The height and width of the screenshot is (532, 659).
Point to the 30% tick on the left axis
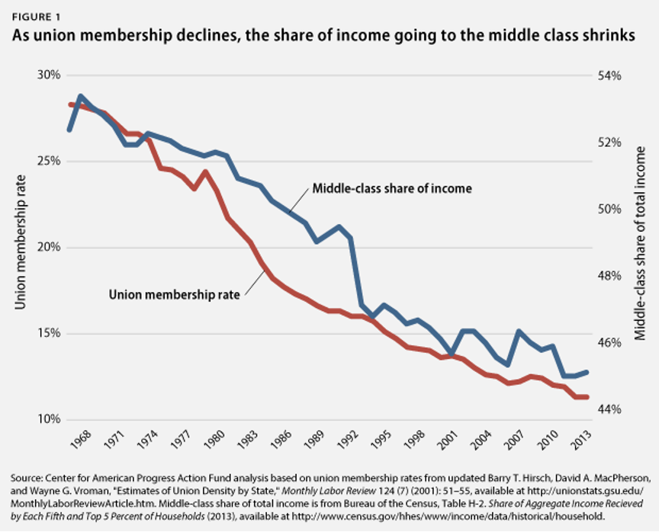coord(48,75)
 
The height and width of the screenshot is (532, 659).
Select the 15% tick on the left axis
coord(48,334)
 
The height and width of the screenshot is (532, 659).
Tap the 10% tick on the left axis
coord(48,420)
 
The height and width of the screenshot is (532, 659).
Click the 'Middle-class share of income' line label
coord(392,188)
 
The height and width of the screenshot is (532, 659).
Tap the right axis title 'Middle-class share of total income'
coord(641,242)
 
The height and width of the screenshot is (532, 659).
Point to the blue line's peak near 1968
coord(81,96)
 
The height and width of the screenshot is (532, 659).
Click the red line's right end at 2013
coord(586,397)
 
